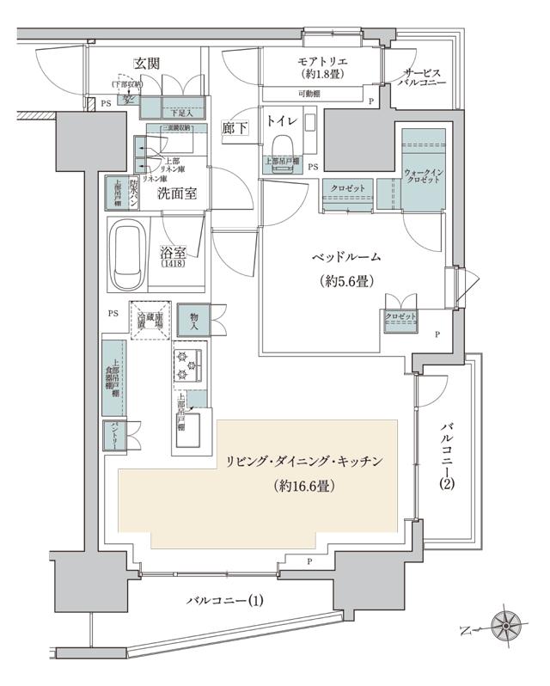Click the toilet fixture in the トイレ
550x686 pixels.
click(281, 148)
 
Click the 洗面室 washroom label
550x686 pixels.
click(177, 193)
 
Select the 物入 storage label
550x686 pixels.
click(194, 322)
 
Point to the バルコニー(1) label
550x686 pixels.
click(225, 599)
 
